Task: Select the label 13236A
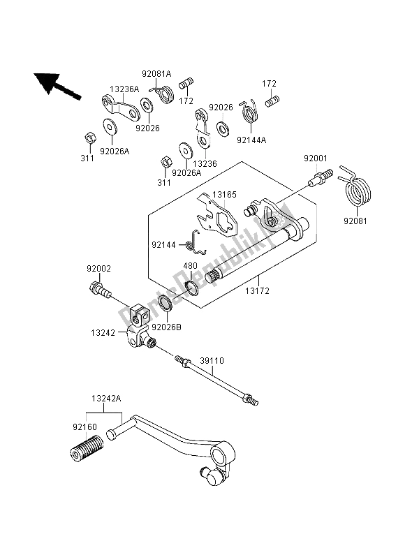[x=124, y=89]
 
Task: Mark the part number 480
[x=191, y=266]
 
